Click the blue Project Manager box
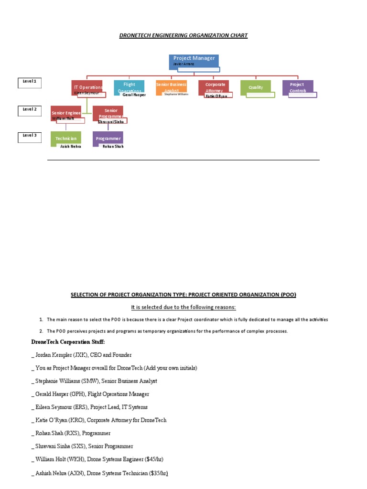tap(194, 61)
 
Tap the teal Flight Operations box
tap(129, 86)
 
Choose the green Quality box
tap(256, 87)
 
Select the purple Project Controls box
tap(298, 87)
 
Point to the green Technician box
tap(66, 138)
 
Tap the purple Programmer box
tap(108, 138)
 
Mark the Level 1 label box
tap(30, 82)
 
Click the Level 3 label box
tap(30, 136)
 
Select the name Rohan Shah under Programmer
tap(113, 147)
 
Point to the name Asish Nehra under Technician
tap(71, 147)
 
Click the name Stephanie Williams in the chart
tap(176, 95)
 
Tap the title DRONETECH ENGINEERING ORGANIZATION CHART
tap(183, 36)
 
